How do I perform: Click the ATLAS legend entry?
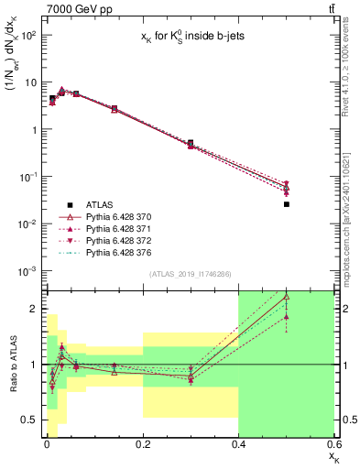click(x=99, y=203)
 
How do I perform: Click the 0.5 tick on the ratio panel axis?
click(x=28, y=420)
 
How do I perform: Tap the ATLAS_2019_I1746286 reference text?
click(x=189, y=274)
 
